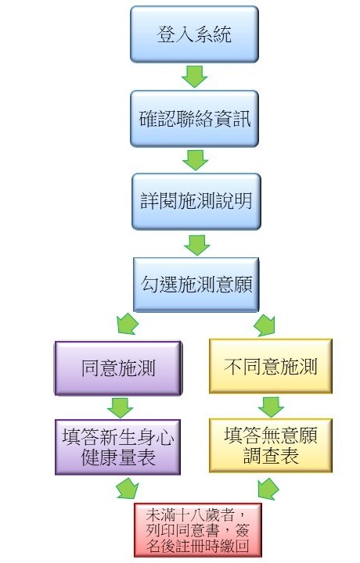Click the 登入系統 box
pos(194,34)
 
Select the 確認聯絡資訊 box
pos(194,119)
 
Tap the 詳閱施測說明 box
pos(196,202)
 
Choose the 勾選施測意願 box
pos(196,285)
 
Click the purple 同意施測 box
pos(118,368)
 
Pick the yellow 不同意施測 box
pos(271,366)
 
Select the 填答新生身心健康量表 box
pos(118,447)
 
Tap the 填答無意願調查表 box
pos(271,446)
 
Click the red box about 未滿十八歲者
pos(197,530)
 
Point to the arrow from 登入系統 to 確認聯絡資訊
pos(194,76)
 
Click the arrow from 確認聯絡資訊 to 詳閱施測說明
pos(196,160)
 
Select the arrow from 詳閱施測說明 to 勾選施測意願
pos(197,246)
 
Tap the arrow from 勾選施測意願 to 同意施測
pos(128,324)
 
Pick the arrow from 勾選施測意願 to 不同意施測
pos(265,325)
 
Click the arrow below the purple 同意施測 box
pos(120,408)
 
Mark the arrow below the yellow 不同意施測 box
pos(271,407)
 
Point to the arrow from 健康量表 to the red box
pos(128,488)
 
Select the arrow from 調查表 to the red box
pos(268,489)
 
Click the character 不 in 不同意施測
pos(233,367)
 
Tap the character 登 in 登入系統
pos(166,34)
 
